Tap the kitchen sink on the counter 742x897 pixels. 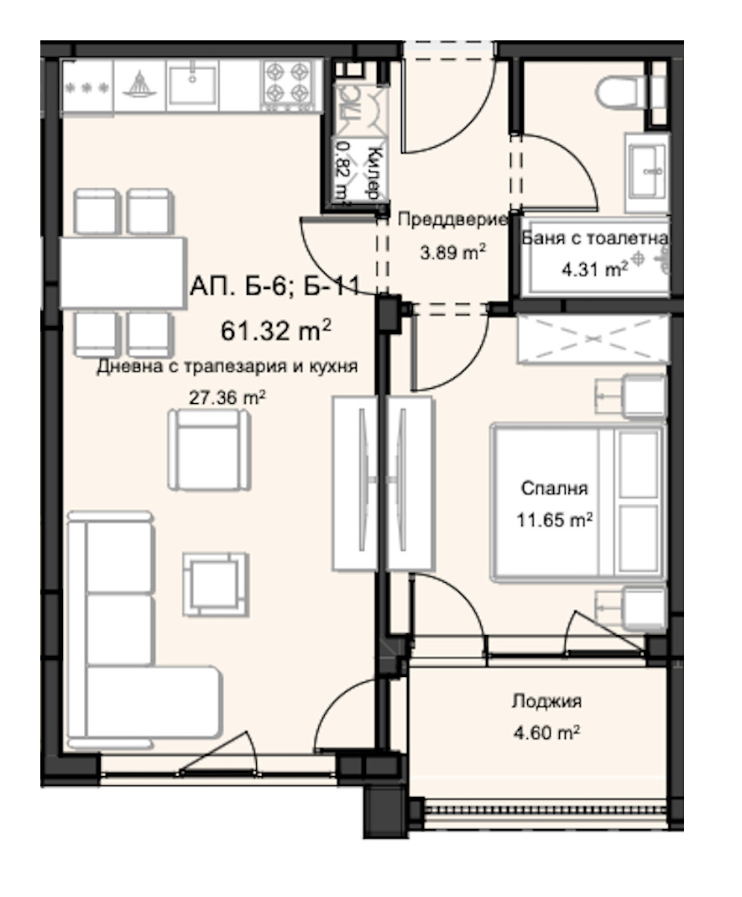tap(192, 85)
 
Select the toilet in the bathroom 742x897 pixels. tap(630, 92)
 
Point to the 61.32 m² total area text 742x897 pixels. tap(276, 330)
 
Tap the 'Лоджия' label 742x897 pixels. tap(546, 700)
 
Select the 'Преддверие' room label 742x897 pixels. tap(452, 219)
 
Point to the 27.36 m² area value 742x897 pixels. tap(227, 397)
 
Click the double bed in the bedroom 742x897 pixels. tap(578, 502)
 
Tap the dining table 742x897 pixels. tap(123, 273)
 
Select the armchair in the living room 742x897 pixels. tap(209, 449)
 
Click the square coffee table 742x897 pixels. tap(216, 584)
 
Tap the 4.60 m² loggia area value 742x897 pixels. tap(546, 732)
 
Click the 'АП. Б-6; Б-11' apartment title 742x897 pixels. tap(275, 286)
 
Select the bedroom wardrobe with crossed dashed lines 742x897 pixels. tap(593, 338)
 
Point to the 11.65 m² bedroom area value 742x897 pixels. tap(554, 520)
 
